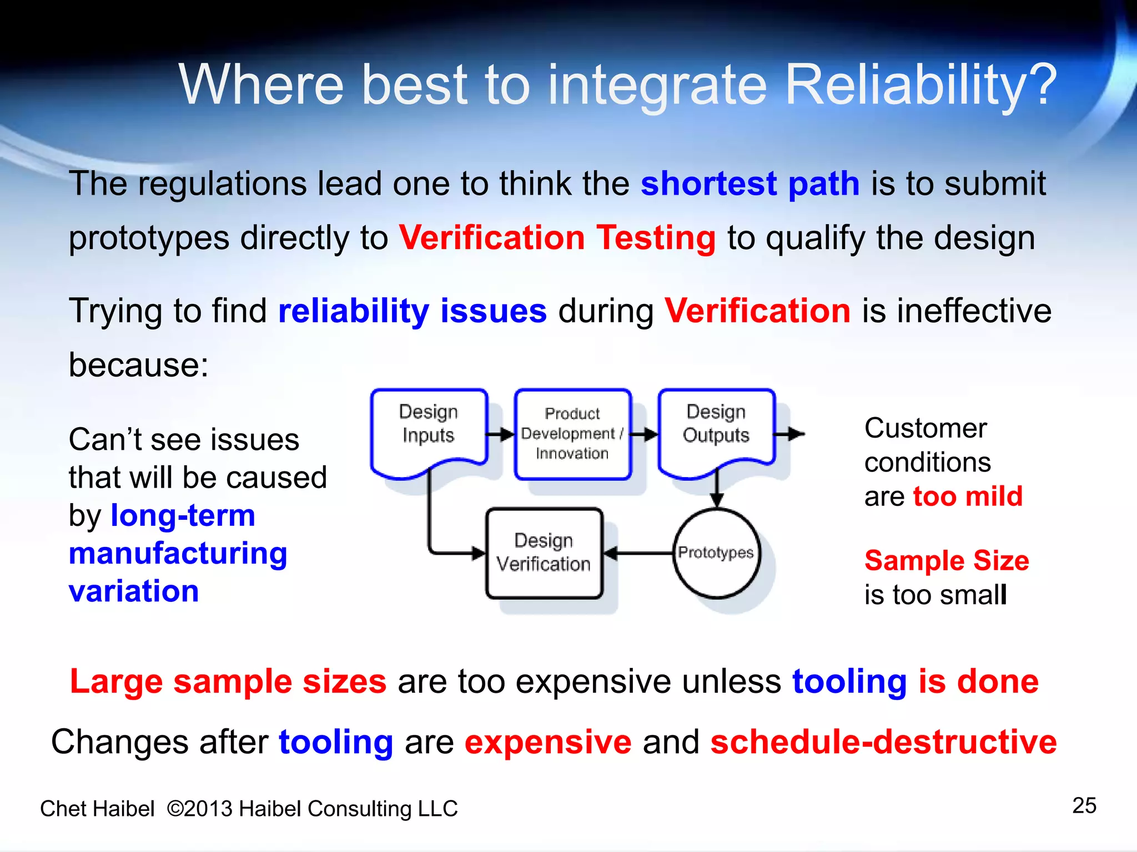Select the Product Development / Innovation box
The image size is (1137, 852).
point(572,434)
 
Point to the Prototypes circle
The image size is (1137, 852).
point(716,553)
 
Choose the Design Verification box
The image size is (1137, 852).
point(544,553)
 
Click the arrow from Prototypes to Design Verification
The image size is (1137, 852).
point(638,553)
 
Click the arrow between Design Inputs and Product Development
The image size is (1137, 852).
point(501,434)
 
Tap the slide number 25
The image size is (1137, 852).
point(1084,805)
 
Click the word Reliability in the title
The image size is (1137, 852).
point(921,84)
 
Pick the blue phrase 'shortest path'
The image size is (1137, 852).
point(750,184)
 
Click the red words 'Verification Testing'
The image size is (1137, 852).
point(557,238)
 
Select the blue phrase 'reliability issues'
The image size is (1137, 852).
point(412,311)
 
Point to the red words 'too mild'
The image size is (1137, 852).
point(968,496)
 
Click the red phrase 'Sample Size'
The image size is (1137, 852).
point(947,560)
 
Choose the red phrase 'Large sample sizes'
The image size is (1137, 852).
point(228,681)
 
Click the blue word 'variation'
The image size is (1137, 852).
point(134,591)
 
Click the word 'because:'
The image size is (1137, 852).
point(138,365)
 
